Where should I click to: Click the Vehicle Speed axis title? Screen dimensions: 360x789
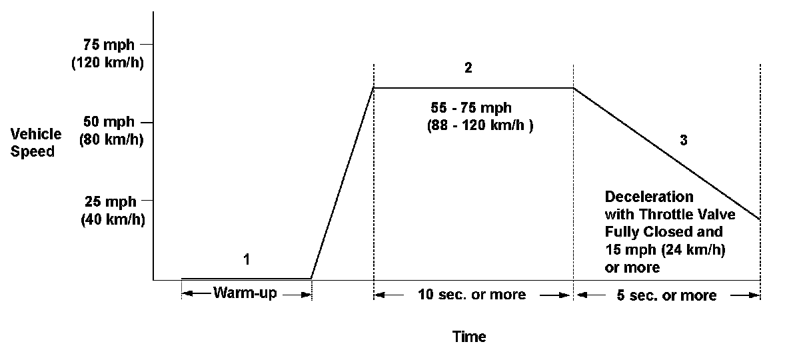pos(36,142)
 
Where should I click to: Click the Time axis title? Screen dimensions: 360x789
pos(469,337)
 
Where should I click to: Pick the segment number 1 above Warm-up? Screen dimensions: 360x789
pos(247,260)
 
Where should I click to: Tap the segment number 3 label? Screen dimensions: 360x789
pos(683,141)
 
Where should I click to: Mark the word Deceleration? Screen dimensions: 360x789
pos(649,197)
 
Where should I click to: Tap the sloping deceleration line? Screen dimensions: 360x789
pos(666,153)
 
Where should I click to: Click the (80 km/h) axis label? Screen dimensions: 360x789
pos(111,140)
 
